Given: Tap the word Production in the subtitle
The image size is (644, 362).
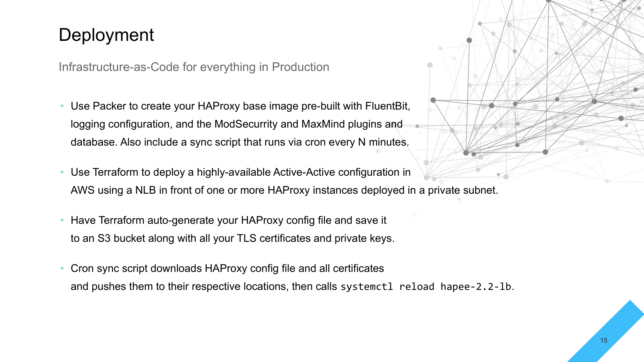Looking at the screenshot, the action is (300, 67).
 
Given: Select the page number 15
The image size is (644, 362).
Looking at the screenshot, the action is (604, 340).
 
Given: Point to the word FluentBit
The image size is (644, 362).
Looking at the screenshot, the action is (388, 106).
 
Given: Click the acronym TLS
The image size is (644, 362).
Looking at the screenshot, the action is (247, 238).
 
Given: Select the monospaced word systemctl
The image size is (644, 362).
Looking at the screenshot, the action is (367, 287).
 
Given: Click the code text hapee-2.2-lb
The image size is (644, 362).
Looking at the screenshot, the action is (476, 287).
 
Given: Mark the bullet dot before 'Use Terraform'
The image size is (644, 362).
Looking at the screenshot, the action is (62, 172).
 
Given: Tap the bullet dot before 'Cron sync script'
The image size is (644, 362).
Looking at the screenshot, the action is (62, 268).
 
